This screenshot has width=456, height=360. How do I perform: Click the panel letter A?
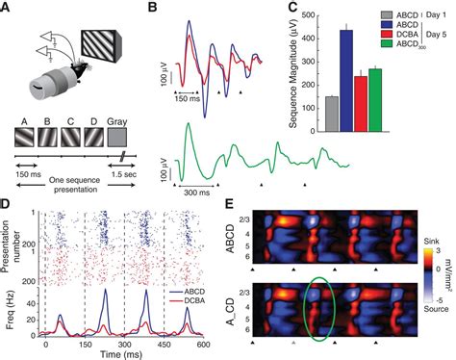coord(8,8)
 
